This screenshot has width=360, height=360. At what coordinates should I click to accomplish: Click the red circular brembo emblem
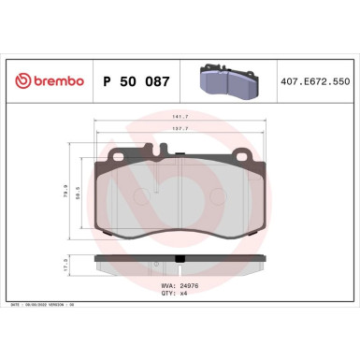click(x=19, y=82)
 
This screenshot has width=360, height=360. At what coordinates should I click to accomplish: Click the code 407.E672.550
click(x=320, y=82)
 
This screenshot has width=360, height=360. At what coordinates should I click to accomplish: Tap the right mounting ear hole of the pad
click(x=242, y=156)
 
